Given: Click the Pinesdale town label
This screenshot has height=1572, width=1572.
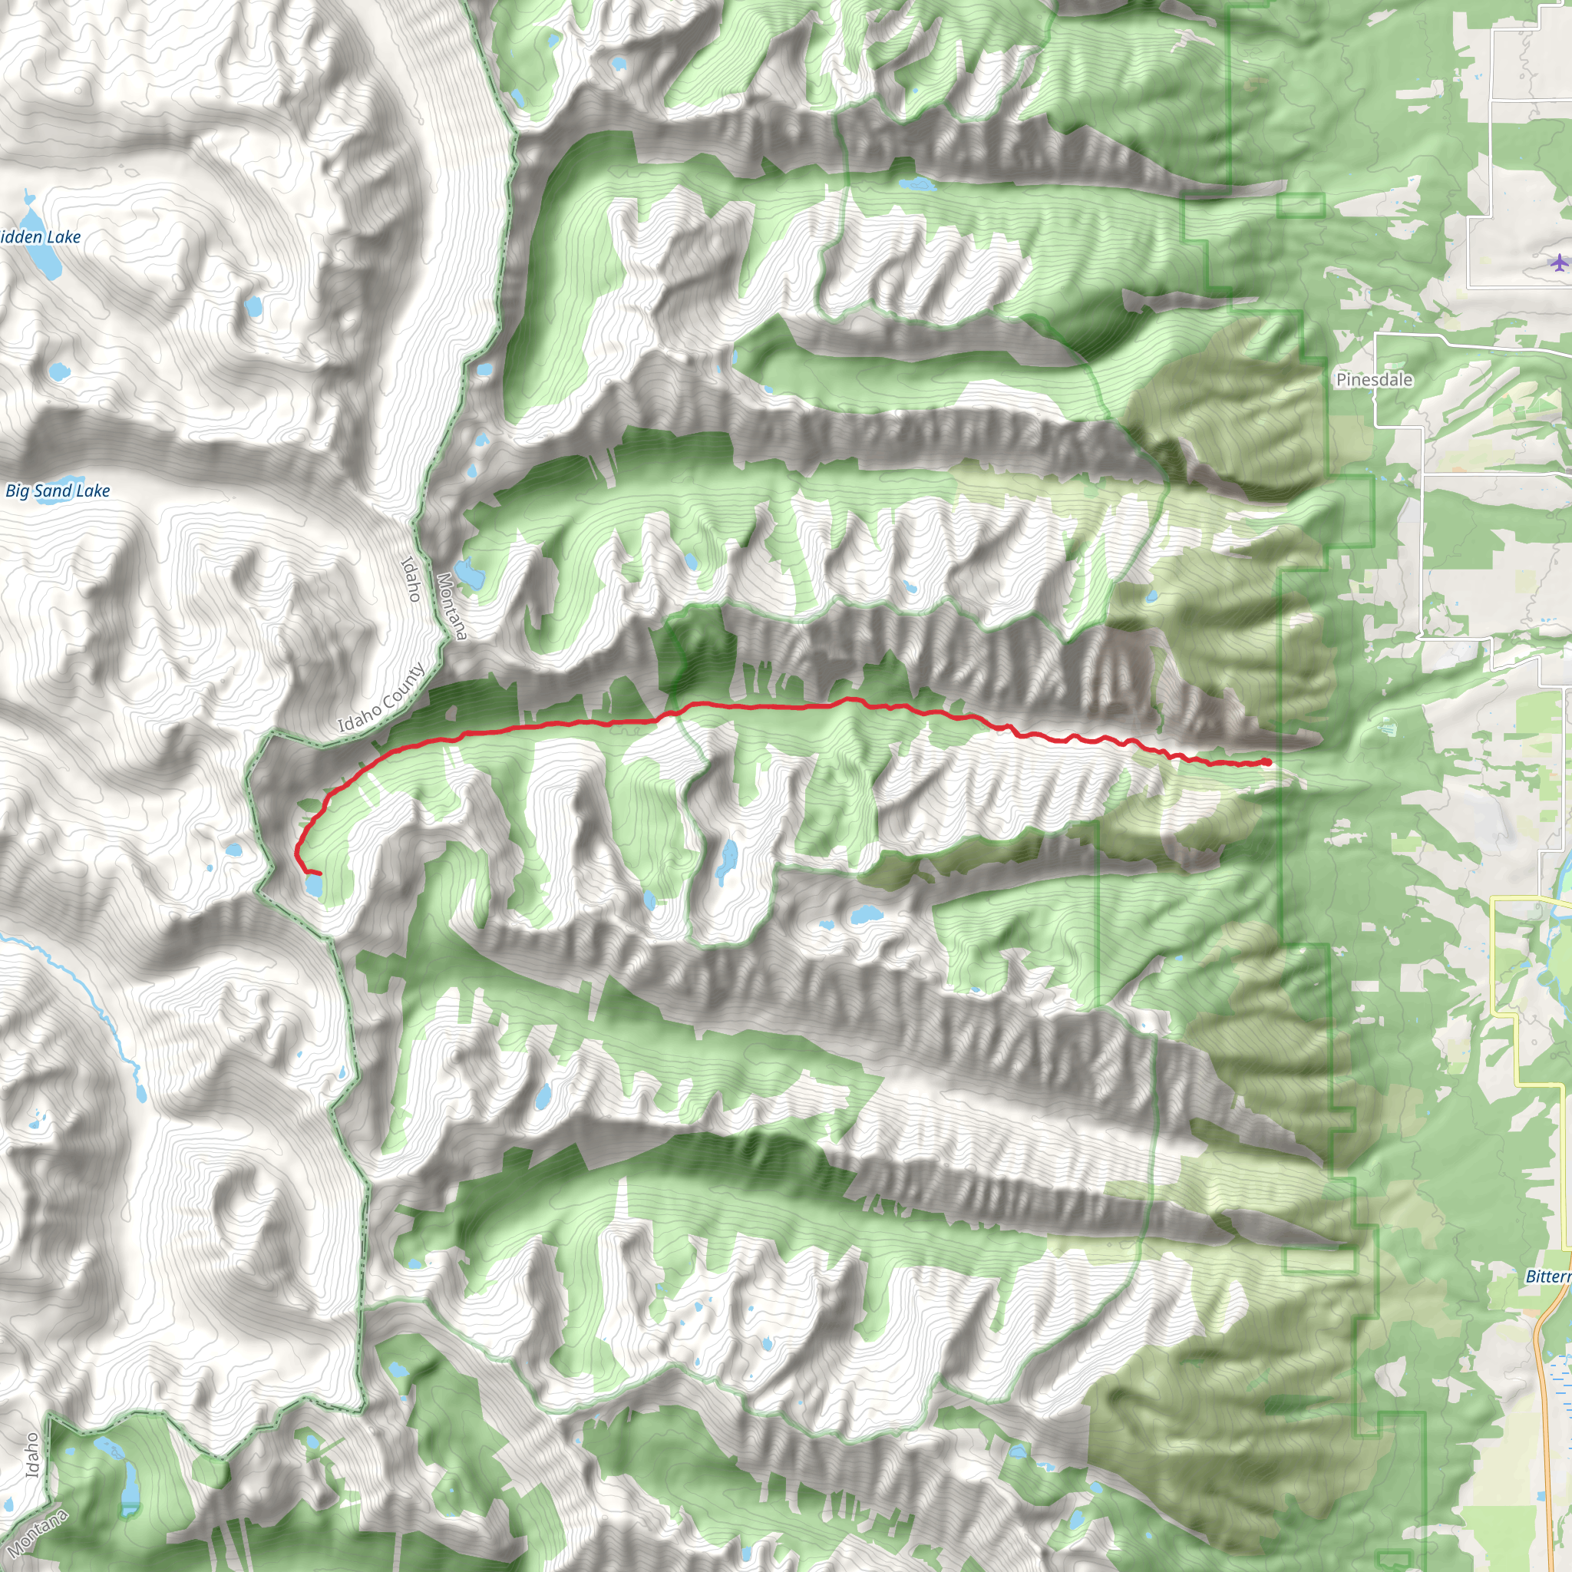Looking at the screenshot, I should coord(1373,379).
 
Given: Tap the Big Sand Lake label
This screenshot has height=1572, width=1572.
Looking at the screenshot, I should coord(57,490).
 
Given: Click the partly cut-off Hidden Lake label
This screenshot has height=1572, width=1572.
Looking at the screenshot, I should coord(40,236).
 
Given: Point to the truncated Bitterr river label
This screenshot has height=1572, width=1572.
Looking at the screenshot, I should coord(1547,1276).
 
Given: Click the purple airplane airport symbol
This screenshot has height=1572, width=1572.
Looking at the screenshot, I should coord(1558,262).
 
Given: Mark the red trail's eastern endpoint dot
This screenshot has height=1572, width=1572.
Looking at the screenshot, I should coord(1267,761).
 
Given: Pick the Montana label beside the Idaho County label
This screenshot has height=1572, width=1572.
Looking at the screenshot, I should coord(451,606).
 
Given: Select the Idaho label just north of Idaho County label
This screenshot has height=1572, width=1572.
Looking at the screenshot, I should coord(411,580).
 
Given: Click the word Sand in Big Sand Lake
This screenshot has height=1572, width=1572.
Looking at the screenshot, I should coord(53,490).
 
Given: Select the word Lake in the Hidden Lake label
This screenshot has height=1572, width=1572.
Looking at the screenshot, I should coord(63,236).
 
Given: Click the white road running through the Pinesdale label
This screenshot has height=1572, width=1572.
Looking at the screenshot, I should coord(1375,398).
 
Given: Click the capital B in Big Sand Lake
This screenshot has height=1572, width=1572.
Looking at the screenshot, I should coord(12,490).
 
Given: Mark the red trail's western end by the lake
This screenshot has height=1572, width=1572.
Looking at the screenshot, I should coord(319,873).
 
